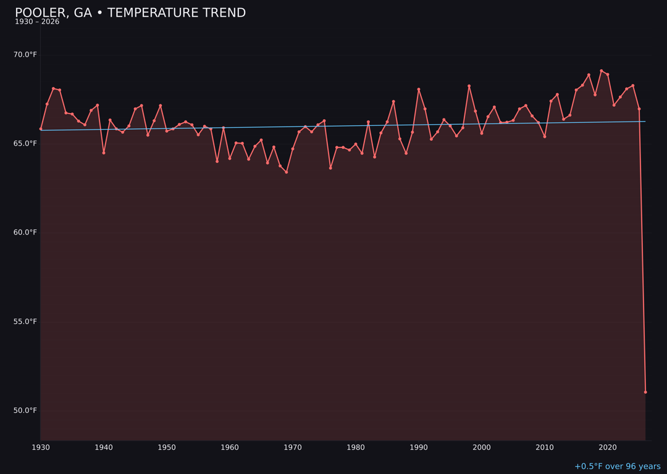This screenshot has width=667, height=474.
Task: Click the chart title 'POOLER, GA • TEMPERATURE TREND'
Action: pos(130,13)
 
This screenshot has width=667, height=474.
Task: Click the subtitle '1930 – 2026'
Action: pos(37,22)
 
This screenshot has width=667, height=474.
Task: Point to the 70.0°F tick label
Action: pos(25,55)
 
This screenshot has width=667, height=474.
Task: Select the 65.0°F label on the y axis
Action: pos(25,144)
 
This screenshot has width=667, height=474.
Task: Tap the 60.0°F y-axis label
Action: pos(25,233)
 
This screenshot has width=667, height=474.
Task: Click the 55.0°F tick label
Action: pos(25,322)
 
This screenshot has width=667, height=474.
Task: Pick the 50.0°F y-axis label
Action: pos(25,410)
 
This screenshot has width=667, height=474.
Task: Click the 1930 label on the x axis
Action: pos(41,447)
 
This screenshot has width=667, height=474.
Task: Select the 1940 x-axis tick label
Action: pos(104,447)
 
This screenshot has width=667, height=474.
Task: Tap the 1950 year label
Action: pos(167,447)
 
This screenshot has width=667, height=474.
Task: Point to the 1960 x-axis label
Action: pos(230,447)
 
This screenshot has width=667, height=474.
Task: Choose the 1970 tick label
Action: pos(293,447)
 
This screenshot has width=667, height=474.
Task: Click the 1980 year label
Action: pos(356,447)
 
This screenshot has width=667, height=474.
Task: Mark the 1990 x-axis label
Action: pos(419,447)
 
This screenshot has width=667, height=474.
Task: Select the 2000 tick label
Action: pos(482,447)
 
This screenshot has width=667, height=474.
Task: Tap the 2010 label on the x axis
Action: pos(545,447)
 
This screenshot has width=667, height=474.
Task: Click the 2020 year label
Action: pos(608,447)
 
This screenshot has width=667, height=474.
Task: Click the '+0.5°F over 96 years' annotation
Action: pos(617,467)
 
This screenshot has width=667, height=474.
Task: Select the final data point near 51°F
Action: pos(645,392)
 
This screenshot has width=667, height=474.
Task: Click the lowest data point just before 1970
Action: pos(287,172)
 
